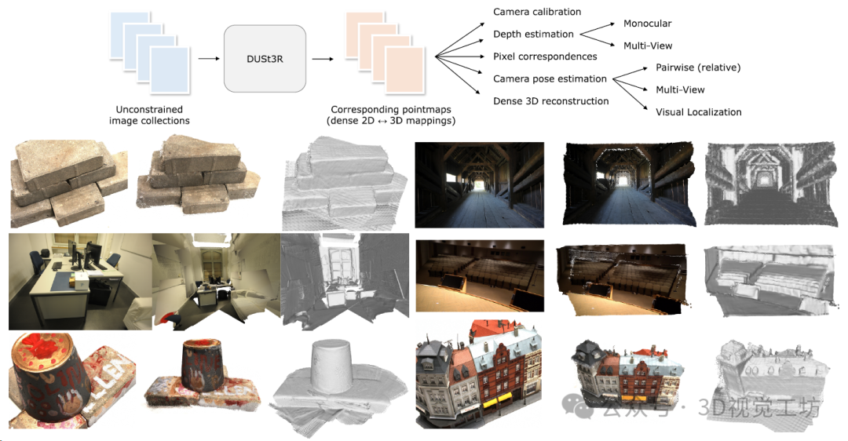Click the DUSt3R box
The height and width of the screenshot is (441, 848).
[265, 58]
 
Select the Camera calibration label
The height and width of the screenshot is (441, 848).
[537, 12]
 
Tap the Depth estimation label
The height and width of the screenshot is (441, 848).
[533, 34]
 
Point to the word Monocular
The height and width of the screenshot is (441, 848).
[647, 24]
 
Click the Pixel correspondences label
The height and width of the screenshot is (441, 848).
[545, 56]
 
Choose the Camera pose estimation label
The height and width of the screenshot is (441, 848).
[550, 78]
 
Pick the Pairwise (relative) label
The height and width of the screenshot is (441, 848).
[698, 67]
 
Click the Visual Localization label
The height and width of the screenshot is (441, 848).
[698, 112]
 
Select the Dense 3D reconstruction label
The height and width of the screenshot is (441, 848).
[550, 101]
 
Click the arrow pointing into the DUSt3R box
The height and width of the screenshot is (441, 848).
[208, 58]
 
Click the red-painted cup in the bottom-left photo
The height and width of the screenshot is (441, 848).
[47, 377]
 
